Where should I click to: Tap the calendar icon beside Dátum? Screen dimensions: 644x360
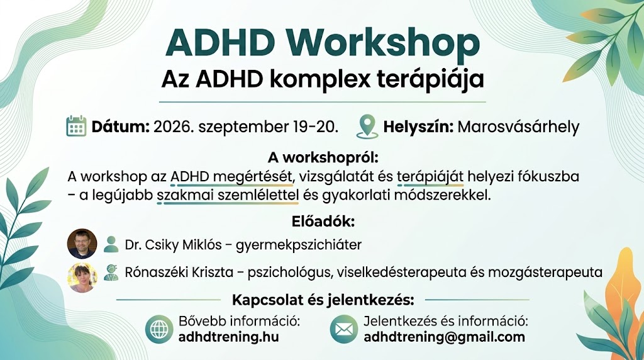pos(76,126)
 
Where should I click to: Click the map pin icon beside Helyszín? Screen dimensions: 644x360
pos(367,126)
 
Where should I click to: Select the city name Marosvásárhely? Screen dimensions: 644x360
pos(518,127)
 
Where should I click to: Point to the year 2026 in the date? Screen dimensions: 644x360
pos(172,127)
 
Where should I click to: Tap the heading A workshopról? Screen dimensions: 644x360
pos(323,157)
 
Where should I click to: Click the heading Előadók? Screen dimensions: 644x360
pos(323,222)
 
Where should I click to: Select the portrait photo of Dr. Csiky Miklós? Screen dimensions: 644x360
pos(82,244)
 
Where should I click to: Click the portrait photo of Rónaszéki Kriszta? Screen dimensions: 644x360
pos(82,278)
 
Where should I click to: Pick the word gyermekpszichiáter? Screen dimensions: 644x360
pos(299,245)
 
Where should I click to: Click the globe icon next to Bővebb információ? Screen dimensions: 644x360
pos(159,329)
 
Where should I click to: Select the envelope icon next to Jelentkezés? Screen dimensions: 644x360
pos(344,329)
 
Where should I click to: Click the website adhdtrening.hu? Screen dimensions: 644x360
pos(228,337)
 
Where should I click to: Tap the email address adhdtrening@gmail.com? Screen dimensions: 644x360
pos(445,337)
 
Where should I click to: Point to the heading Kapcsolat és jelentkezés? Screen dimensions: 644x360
pos(323,300)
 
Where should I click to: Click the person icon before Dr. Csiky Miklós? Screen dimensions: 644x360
pos(111,244)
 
